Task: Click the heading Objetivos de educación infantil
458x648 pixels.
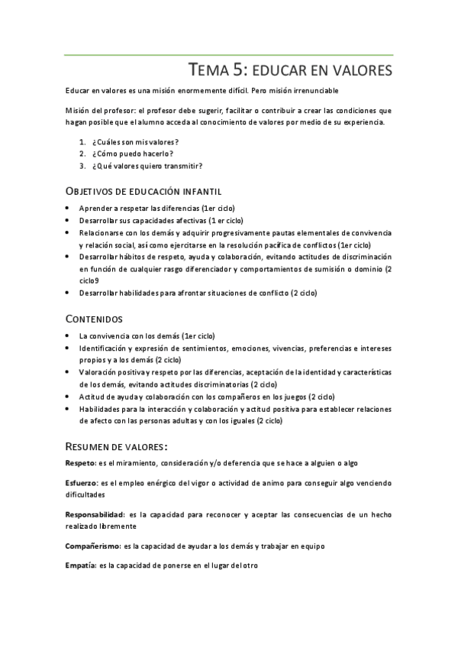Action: click(x=143, y=190)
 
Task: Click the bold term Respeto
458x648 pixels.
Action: click(x=79, y=463)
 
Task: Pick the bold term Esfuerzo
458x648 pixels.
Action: click(x=81, y=482)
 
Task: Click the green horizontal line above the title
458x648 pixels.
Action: click(x=229, y=55)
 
